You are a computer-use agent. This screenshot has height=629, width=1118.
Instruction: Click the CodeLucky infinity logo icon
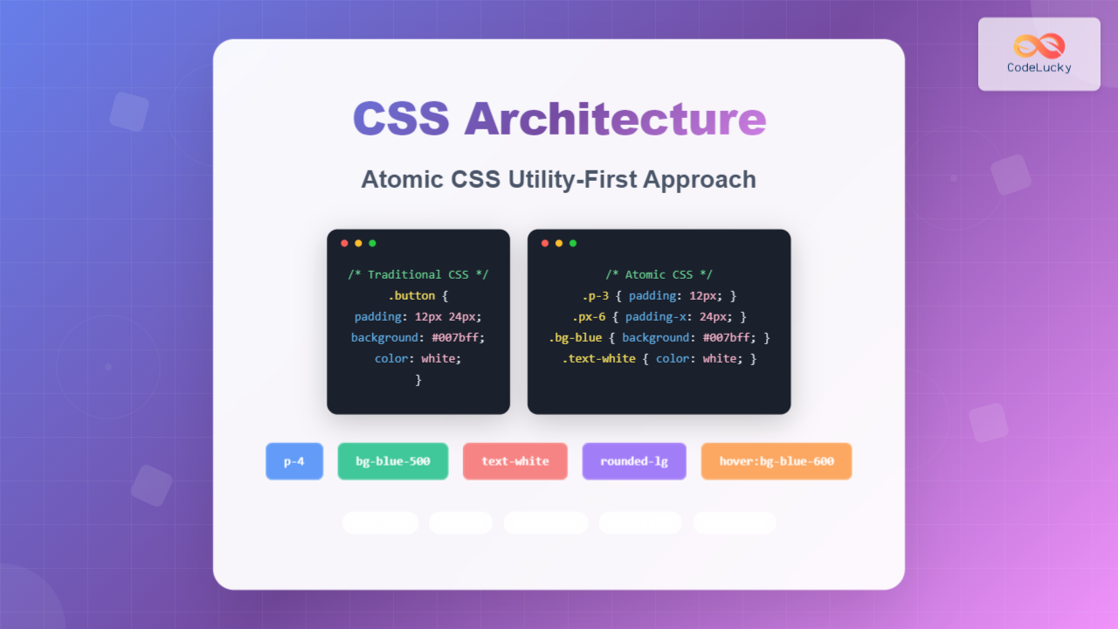click(1039, 45)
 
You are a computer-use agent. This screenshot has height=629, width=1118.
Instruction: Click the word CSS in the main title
click(401, 119)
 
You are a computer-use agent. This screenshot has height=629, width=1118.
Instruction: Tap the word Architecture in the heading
click(616, 119)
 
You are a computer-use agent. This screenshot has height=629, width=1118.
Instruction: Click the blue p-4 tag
click(294, 461)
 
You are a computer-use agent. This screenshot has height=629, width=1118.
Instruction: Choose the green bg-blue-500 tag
click(393, 461)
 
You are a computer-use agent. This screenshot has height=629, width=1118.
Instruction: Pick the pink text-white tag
click(515, 461)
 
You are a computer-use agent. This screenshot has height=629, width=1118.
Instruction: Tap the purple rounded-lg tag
click(634, 461)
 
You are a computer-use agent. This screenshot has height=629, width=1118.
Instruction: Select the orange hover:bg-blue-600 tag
click(776, 461)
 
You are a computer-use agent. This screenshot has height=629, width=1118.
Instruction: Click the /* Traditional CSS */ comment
click(418, 274)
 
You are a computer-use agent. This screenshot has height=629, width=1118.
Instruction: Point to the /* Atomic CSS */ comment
click(659, 274)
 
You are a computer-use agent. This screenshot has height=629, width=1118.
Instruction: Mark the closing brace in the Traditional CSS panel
click(418, 379)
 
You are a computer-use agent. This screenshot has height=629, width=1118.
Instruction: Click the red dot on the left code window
click(344, 243)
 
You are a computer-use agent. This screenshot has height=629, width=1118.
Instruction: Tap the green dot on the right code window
click(573, 243)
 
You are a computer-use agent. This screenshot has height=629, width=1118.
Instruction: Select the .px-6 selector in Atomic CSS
click(589, 316)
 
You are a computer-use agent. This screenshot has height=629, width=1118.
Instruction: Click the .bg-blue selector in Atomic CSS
click(576, 337)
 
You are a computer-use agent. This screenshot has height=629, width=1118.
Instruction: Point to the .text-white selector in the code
click(599, 358)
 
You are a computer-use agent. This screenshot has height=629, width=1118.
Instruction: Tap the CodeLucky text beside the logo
click(1039, 67)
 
